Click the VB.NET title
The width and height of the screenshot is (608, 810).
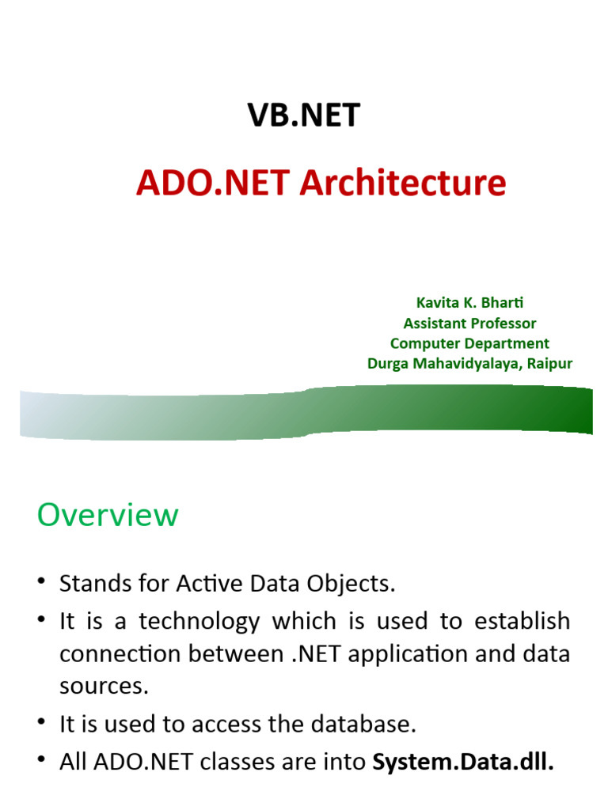[x=304, y=115]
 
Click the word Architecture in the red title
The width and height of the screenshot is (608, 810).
[x=402, y=183]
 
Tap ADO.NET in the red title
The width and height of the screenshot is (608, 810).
[x=213, y=183]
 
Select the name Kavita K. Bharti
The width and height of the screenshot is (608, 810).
[x=470, y=303]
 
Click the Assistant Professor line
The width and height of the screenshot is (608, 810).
[x=469, y=324]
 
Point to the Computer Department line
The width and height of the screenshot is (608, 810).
[x=469, y=343]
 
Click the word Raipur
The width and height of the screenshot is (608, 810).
[x=547, y=364]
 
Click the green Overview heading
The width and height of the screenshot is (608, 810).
[x=108, y=516]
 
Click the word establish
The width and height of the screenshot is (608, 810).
[x=522, y=621]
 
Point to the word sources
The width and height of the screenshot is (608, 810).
[x=104, y=686]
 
